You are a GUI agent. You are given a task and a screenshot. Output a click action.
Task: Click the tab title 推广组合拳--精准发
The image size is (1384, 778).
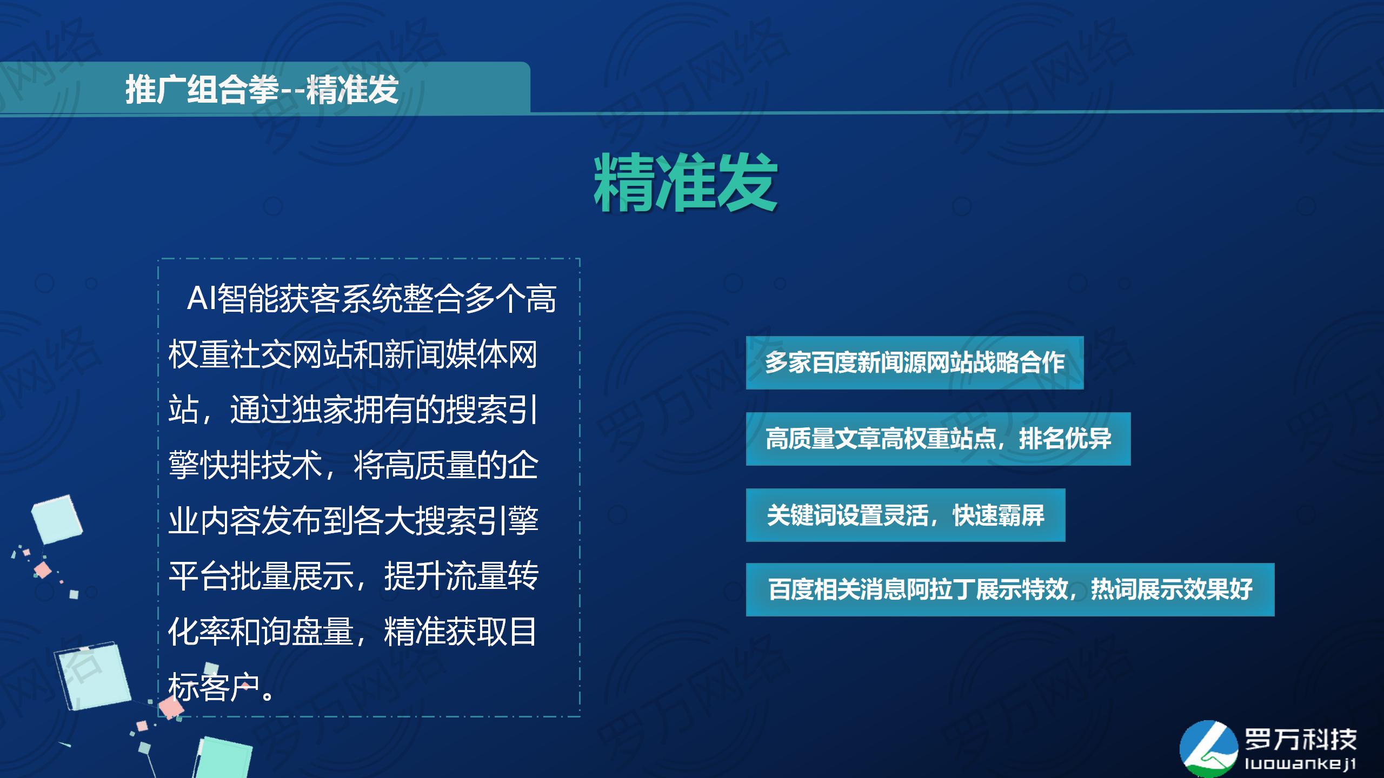(x=262, y=89)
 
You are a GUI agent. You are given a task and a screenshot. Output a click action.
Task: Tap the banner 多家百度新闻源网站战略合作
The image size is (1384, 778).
(x=915, y=363)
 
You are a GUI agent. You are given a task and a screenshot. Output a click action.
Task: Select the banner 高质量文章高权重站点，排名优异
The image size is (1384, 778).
(x=938, y=439)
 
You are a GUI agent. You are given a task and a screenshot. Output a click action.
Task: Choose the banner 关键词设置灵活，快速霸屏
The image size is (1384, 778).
(x=906, y=515)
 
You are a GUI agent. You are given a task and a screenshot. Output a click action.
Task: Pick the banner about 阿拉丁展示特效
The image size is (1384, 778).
(x=1010, y=589)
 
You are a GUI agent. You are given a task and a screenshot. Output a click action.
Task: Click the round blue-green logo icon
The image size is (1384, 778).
(x=1209, y=748)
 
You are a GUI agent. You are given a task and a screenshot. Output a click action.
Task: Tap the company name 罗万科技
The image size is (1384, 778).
(x=1301, y=739)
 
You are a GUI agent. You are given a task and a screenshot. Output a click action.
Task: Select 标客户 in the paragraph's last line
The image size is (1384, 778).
(x=215, y=687)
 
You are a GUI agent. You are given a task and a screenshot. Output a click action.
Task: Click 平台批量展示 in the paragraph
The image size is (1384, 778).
(x=261, y=576)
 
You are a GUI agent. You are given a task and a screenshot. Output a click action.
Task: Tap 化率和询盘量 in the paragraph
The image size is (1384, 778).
(x=261, y=631)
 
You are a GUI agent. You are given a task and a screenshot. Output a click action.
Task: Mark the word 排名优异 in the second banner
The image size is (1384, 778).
(x=1065, y=439)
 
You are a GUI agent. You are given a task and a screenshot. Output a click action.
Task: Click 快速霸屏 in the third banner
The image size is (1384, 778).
(x=998, y=515)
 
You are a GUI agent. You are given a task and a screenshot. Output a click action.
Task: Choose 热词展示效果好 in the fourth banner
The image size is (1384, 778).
(x=1172, y=589)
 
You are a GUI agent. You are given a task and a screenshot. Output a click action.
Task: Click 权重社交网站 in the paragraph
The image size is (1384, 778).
(x=261, y=354)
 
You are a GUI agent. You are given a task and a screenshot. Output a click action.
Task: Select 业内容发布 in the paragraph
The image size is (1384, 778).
(x=245, y=521)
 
